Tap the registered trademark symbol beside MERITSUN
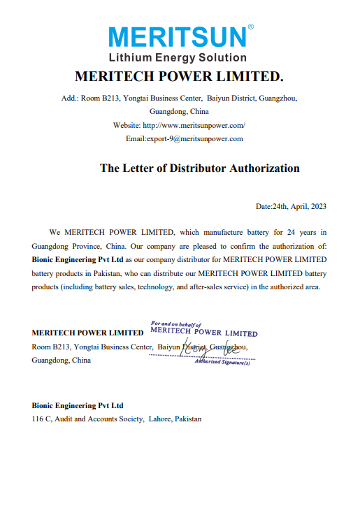tap(250, 27)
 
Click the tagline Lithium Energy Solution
tap(177, 57)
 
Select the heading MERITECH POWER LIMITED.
tap(178, 75)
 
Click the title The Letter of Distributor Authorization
tap(199, 168)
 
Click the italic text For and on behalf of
tap(175, 324)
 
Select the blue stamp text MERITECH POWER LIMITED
tap(204, 333)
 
